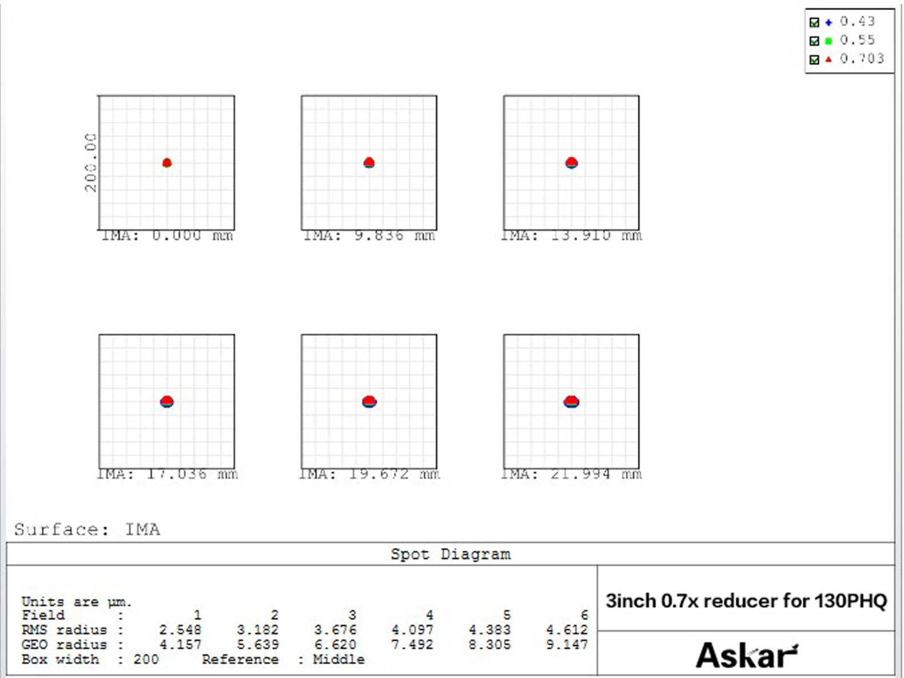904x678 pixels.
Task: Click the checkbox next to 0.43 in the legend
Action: [x=814, y=22]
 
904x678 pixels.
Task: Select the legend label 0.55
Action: [x=857, y=40]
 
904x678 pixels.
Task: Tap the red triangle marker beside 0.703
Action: [x=829, y=59]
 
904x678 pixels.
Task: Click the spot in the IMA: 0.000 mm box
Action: [x=167, y=162]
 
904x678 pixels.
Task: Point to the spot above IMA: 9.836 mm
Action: [x=369, y=162]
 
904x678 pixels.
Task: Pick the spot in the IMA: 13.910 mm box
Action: [x=571, y=162]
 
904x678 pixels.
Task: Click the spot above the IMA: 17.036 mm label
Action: [x=166, y=401]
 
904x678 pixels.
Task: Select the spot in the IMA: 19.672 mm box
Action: [x=369, y=401]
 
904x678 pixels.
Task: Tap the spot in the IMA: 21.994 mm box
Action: [x=571, y=401]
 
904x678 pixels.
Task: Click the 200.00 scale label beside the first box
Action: [x=90, y=162]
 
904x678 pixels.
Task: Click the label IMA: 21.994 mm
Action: [x=571, y=474]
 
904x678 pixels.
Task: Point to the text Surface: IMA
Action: [x=87, y=529]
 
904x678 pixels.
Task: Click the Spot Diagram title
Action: [x=451, y=554]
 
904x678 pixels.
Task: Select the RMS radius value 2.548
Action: [x=180, y=630]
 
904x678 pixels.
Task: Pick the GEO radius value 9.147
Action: [x=567, y=645]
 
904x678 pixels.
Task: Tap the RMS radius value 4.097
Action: [x=412, y=630]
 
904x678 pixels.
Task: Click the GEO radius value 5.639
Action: [x=258, y=645]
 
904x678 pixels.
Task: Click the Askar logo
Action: [x=746, y=655]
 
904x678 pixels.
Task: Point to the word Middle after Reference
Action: [x=338, y=660]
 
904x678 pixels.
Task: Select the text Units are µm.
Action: [x=77, y=602]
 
